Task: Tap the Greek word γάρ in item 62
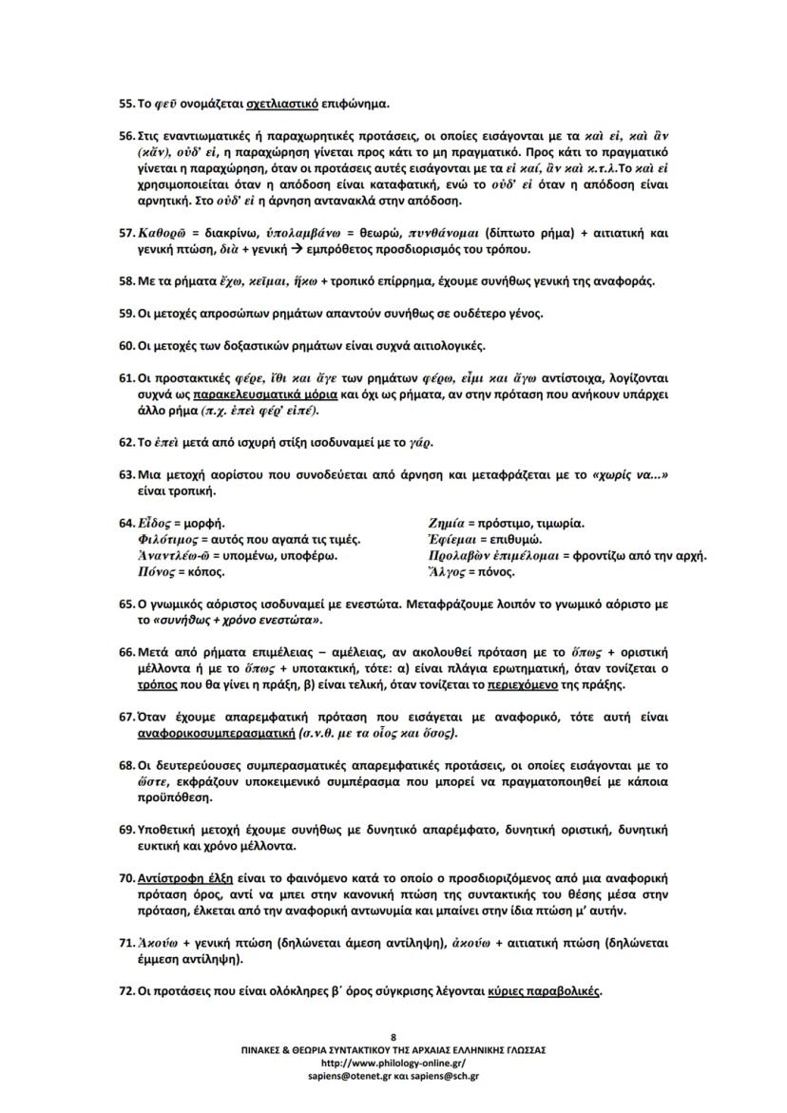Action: [421, 442]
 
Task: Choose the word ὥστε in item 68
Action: [154, 781]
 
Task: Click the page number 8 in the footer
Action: [393, 1036]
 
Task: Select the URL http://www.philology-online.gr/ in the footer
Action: [393, 1063]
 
